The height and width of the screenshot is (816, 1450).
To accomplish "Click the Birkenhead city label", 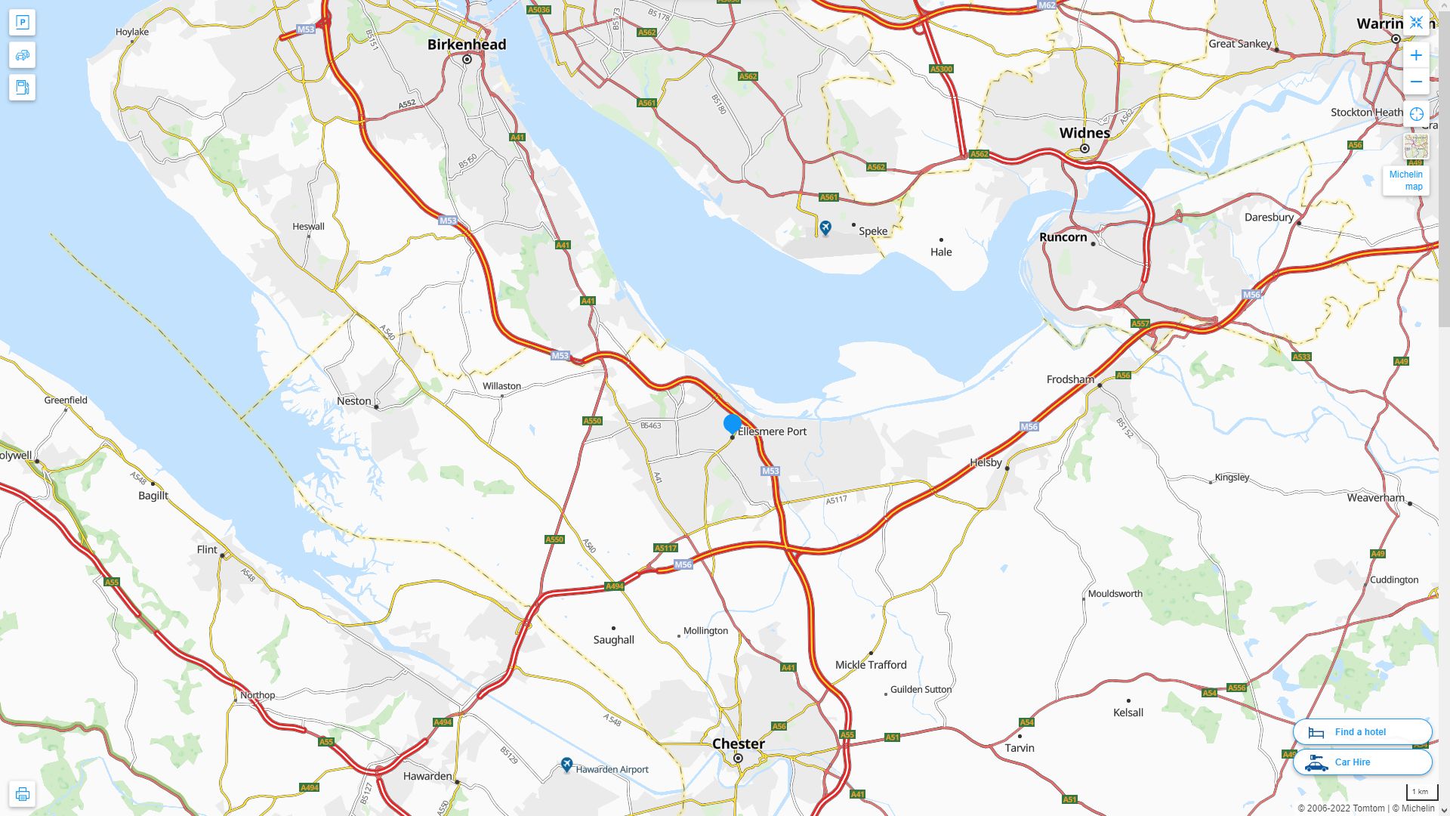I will (467, 45).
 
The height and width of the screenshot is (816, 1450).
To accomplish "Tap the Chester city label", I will (738, 743).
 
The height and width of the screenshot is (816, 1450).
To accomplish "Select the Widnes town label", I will (1084, 133).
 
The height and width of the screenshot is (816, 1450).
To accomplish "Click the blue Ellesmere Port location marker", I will (732, 424).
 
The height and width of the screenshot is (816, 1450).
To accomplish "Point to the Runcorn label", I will (1063, 237).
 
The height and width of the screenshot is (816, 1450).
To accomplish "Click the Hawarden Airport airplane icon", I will (566, 765).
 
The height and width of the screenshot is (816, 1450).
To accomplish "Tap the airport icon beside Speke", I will (825, 227).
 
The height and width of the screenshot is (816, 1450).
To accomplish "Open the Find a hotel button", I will (1362, 732).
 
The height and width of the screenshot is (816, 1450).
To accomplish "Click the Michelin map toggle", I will (1406, 180).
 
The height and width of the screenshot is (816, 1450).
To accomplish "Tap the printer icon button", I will (22, 794).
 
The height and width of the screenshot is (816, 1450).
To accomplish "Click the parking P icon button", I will (22, 23).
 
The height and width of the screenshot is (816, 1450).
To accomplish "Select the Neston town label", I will (353, 401).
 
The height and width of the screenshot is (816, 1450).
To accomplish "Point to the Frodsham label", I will (1070, 379).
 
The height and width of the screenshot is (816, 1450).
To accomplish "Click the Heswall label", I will (308, 227).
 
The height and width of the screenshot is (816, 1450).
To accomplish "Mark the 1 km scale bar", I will (1421, 793).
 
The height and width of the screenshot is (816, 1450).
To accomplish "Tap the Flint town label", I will (207, 550).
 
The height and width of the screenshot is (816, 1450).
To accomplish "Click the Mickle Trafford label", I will (871, 665).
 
